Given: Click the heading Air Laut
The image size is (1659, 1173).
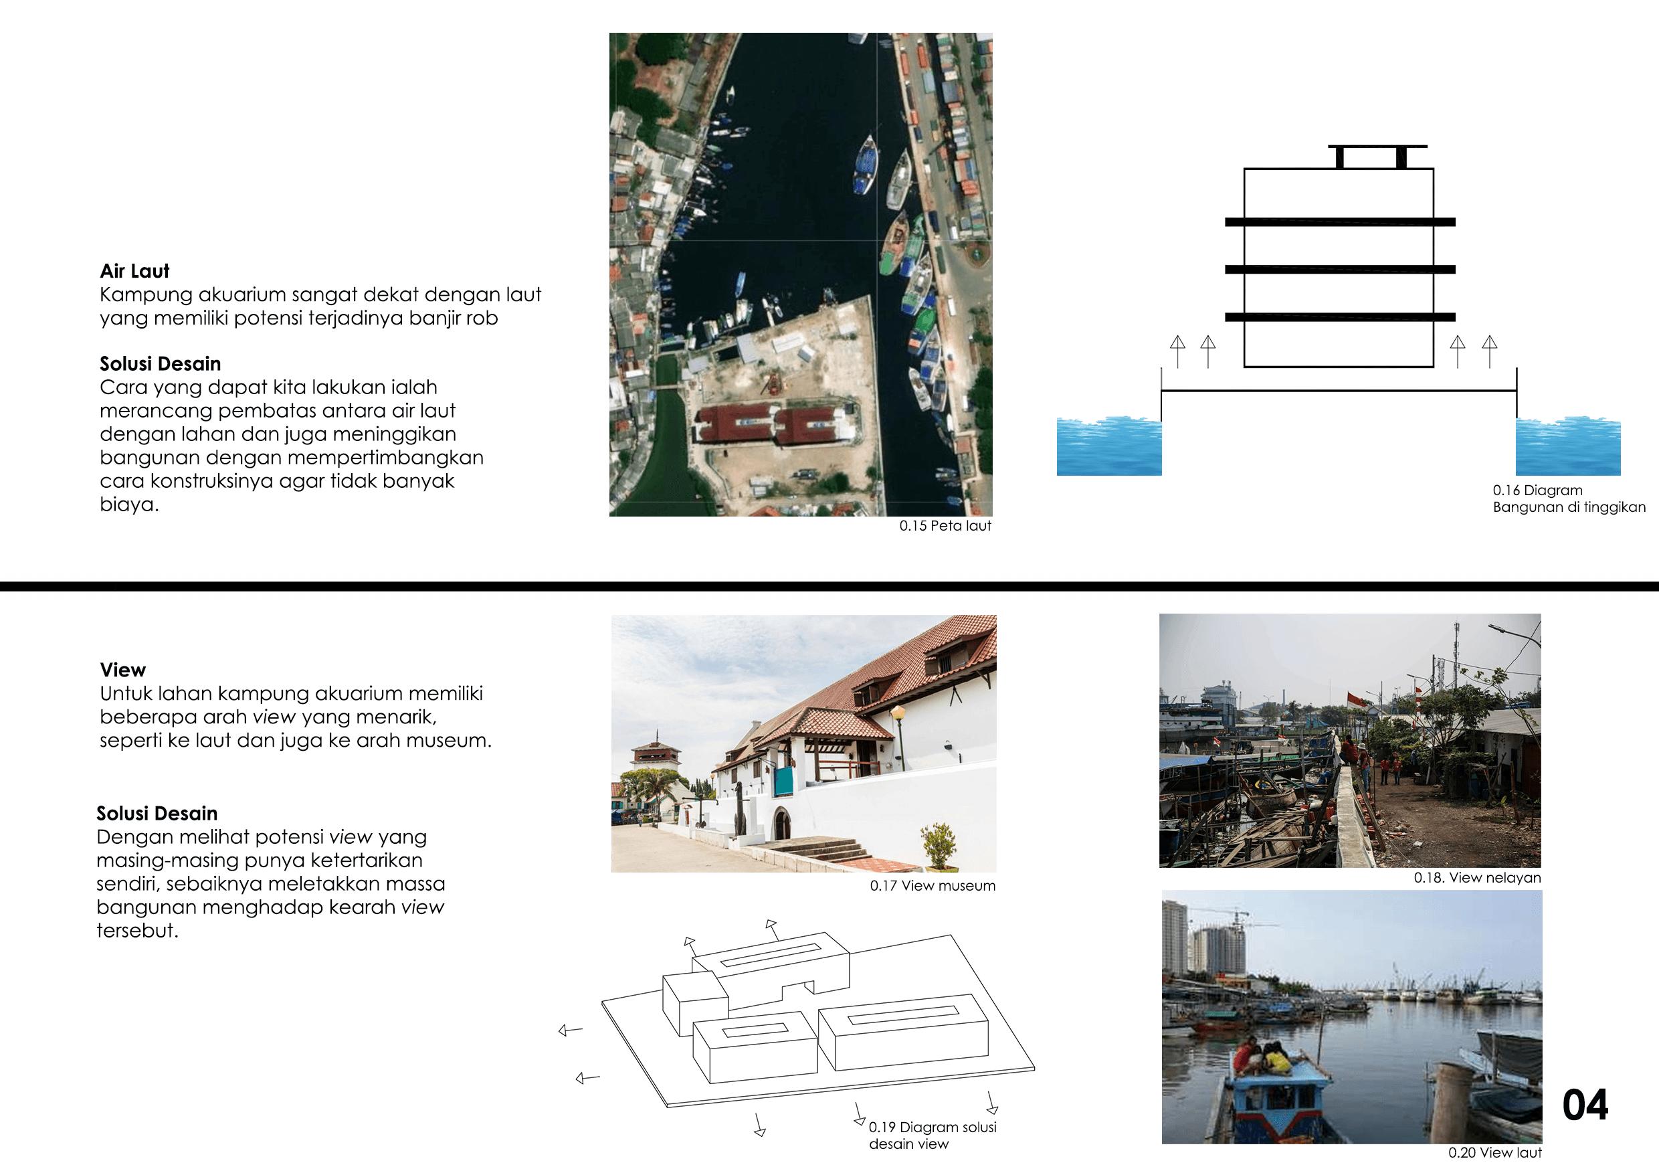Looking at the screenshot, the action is pos(134,271).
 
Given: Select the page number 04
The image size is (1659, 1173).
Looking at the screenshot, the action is pos(1585,1105).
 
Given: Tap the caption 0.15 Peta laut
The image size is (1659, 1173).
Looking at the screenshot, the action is pos(945,526).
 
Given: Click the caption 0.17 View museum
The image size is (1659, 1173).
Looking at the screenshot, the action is pos(932,885).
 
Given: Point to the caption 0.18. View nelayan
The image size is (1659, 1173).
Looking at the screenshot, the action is pos(1477,877).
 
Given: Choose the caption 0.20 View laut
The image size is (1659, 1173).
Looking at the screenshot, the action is pos(1494,1153).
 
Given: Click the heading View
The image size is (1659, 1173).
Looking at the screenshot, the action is pos(123,670).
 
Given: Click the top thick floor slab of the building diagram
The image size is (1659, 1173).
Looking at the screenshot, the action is pos(1340,222).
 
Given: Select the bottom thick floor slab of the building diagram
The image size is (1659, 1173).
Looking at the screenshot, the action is pos(1340,317).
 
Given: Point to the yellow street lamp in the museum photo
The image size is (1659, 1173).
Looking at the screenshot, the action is pos(898,715).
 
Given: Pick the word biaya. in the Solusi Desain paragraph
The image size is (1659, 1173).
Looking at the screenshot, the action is pos(129,505).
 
